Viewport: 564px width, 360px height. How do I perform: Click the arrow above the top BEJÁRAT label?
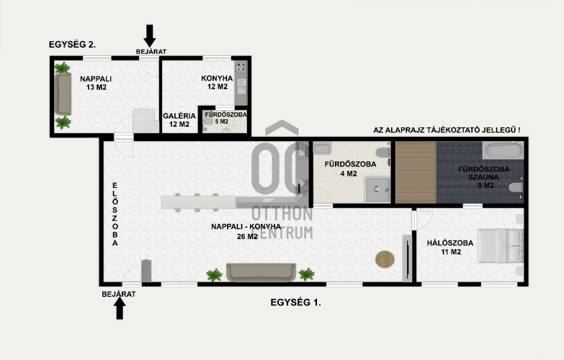pyautogui.click(x=150, y=36)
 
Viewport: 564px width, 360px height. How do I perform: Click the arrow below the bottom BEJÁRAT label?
pyautogui.click(x=120, y=309)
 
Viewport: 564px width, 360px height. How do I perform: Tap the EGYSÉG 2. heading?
pyautogui.click(x=72, y=45)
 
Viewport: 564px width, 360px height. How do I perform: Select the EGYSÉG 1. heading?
pyautogui.click(x=295, y=302)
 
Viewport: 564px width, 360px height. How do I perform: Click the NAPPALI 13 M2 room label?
pyautogui.click(x=96, y=83)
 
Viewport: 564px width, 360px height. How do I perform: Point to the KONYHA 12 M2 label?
pyautogui.click(x=218, y=82)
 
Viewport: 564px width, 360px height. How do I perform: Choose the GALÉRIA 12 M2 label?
pyautogui.click(x=179, y=120)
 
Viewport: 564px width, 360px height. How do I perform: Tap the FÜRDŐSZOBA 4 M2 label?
pyautogui.click(x=350, y=169)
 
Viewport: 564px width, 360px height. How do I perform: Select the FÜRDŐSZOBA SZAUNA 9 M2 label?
pyautogui.click(x=484, y=177)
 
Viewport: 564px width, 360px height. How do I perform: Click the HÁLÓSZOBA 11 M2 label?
pyautogui.click(x=450, y=248)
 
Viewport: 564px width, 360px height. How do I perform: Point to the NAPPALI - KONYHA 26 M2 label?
pyautogui.click(x=246, y=232)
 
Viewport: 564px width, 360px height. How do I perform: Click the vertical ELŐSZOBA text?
pyautogui.click(x=115, y=215)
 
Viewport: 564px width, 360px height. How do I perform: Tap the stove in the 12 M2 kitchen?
pyautogui.click(x=241, y=66)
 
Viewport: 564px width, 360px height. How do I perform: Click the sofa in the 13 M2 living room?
pyautogui.click(x=63, y=94)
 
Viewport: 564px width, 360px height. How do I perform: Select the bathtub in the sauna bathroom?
pyautogui.click(x=503, y=150)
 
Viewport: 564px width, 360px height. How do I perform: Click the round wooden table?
pyautogui.click(x=385, y=259)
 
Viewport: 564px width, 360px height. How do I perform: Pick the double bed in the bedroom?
pyautogui.click(x=501, y=246)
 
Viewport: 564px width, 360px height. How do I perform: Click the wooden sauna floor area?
pyautogui.click(x=416, y=172)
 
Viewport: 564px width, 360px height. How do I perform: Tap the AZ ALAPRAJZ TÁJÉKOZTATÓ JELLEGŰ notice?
pyautogui.click(x=447, y=130)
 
